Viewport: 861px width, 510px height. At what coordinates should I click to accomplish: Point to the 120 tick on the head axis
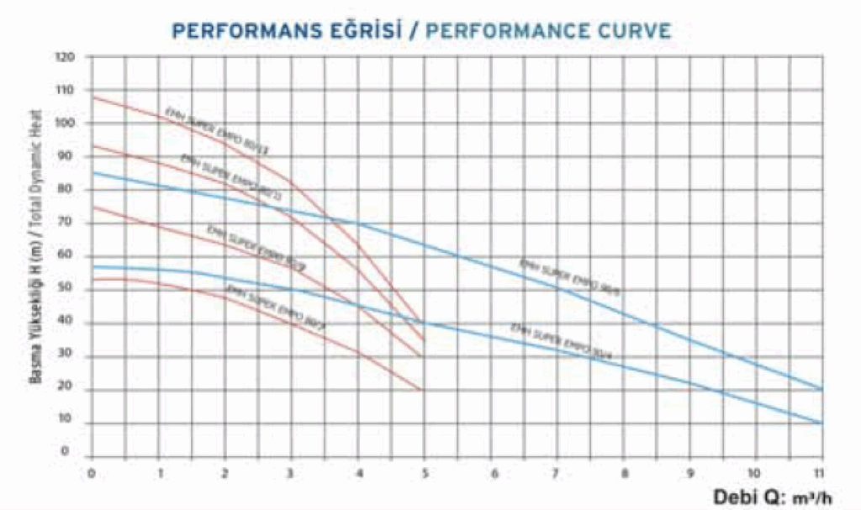tap(66, 58)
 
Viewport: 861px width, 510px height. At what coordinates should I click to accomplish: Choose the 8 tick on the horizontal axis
tap(622, 472)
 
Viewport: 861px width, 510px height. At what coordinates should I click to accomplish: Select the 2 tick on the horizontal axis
tap(224, 472)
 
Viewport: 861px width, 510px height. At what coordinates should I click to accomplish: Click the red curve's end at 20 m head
tap(422, 390)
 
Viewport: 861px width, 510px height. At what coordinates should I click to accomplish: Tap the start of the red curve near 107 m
tap(92, 98)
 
